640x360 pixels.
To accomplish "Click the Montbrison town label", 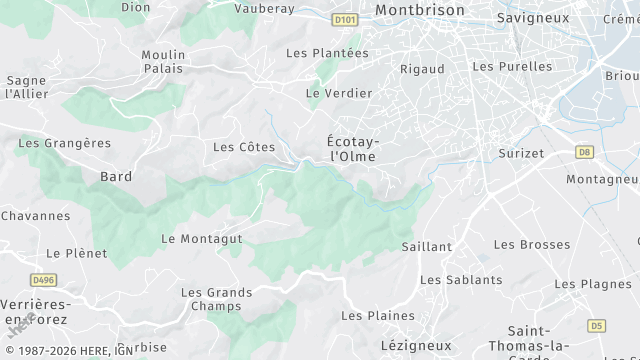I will click(x=420, y=9).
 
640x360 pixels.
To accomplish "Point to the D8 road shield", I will click(x=585, y=152).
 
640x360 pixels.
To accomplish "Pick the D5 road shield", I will click(x=597, y=325).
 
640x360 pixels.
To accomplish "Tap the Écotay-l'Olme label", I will click(x=353, y=150).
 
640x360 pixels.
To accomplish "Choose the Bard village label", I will click(x=116, y=176).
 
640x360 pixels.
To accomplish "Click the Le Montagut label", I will click(x=202, y=239).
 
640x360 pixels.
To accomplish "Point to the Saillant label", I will click(x=427, y=246).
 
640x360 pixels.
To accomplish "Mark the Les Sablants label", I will click(x=461, y=280).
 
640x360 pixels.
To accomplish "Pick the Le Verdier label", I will click(x=339, y=93).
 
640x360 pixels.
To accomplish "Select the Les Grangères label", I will click(x=65, y=143).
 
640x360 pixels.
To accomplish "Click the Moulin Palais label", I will click(x=162, y=61).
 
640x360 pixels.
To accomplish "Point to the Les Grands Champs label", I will click(x=216, y=299).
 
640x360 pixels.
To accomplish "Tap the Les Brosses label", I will click(x=531, y=244).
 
